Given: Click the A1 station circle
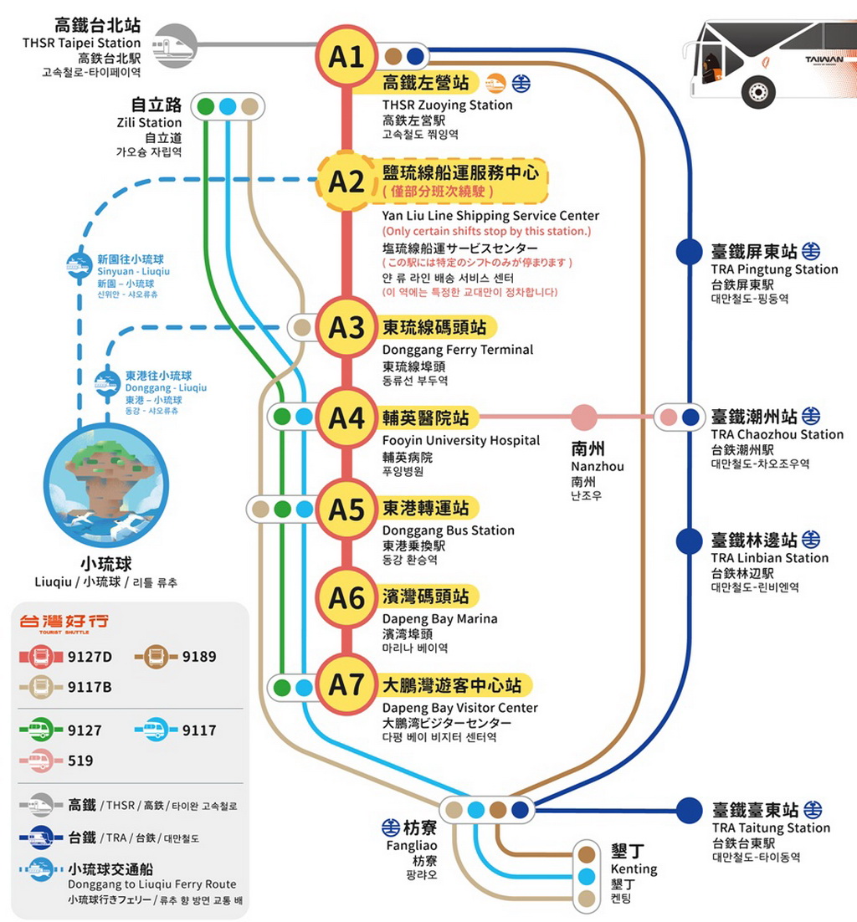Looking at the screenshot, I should click(346, 57).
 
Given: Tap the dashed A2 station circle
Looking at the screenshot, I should click(346, 182).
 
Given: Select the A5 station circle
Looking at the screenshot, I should click(346, 509).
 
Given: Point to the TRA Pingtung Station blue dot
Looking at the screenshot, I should click(688, 251).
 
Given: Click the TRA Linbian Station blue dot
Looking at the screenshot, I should click(688, 540).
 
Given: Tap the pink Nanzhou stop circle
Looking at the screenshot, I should click(584, 417).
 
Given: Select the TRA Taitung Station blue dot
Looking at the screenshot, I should click(689, 810).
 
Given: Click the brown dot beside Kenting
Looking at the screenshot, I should click(587, 853).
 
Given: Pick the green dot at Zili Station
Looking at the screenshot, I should click(205, 107).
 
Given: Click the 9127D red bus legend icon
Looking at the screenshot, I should click(40, 657).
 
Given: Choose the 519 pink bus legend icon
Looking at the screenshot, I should click(40, 761).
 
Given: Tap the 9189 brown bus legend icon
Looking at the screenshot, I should click(156, 657).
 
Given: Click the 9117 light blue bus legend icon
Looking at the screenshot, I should click(156, 730).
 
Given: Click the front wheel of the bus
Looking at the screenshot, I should click(757, 90).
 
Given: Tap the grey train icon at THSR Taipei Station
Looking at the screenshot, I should click(174, 44).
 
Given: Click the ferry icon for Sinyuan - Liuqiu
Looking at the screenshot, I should click(80, 265).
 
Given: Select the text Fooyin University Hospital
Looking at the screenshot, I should click(460, 440).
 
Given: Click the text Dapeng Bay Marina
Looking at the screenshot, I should click(439, 619).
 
